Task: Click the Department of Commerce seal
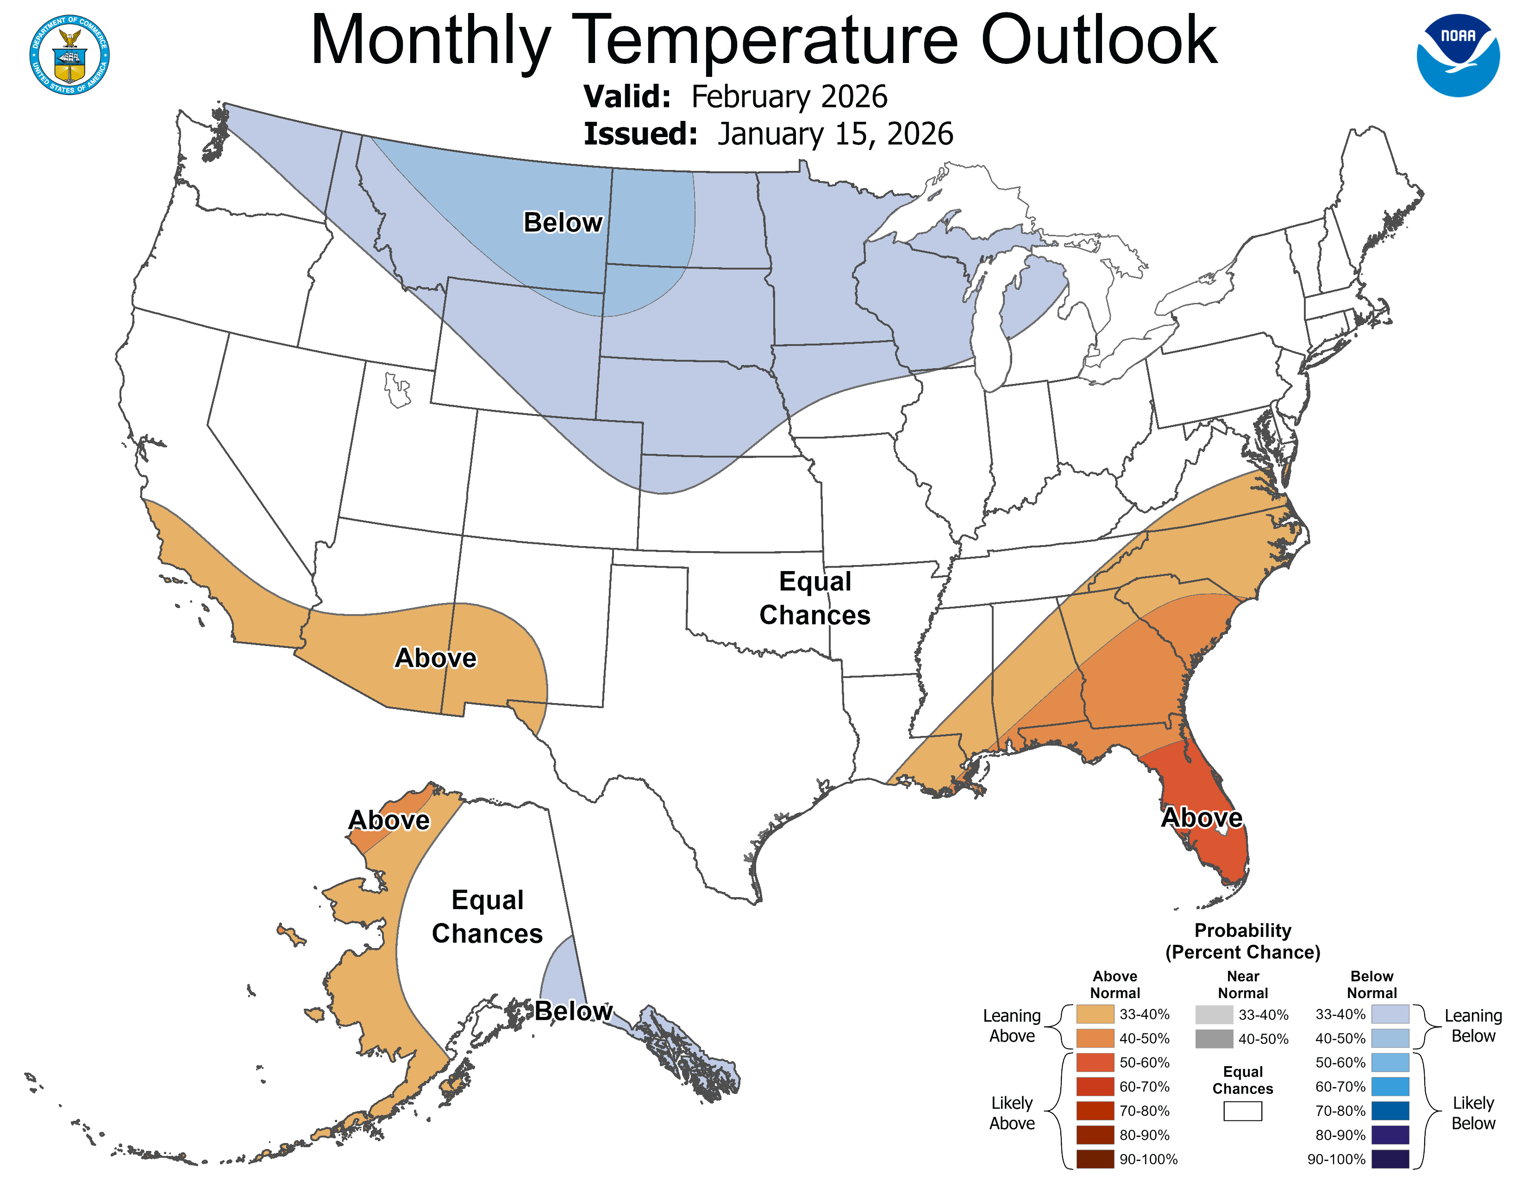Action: coord(69,55)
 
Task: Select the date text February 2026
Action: coord(789,96)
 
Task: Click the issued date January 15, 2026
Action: coord(835,134)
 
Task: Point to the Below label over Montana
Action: coord(563,222)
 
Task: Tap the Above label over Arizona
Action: coord(435,658)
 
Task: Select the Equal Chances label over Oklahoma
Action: coord(814,598)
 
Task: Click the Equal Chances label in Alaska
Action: coord(487,917)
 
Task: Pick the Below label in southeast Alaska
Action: coord(573,1011)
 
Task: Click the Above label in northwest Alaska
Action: coord(389,820)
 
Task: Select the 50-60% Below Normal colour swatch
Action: coord(1390,1062)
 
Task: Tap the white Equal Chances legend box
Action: coord(1243,1111)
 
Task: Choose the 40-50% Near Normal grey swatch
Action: coord(1214,1039)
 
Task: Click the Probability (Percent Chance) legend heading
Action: coord(1243,941)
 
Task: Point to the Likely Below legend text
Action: coord(1473,1112)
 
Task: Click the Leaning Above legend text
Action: coord(1012,1026)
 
